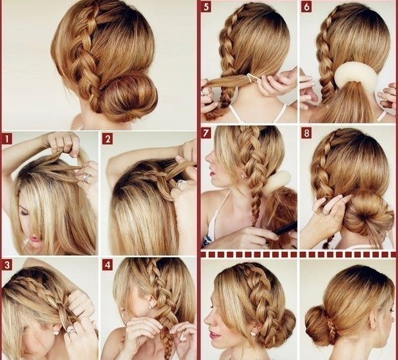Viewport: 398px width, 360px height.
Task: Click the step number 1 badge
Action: [x=7, y=138]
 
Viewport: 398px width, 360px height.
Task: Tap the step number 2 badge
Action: [x=107, y=139]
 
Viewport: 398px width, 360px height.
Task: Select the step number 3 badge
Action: [x=7, y=265]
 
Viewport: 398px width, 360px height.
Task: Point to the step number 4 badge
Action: [x=107, y=265]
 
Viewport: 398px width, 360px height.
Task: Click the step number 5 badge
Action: [x=206, y=7]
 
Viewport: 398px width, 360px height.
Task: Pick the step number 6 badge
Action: [x=306, y=7]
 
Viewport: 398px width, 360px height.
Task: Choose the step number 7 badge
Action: [x=206, y=133]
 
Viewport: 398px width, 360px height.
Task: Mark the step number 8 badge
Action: [x=306, y=133]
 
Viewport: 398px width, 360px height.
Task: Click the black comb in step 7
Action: [x=285, y=228]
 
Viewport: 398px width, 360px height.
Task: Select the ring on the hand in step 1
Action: [x=86, y=177]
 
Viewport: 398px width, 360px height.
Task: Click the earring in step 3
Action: [x=55, y=332]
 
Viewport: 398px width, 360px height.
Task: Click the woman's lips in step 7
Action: [x=211, y=173]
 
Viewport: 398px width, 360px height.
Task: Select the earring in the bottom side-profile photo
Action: [x=253, y=333]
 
